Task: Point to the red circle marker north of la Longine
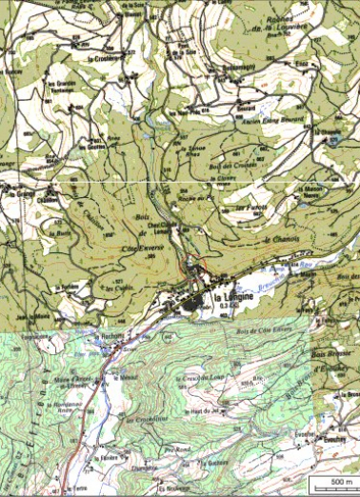[x=194, y=264]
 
